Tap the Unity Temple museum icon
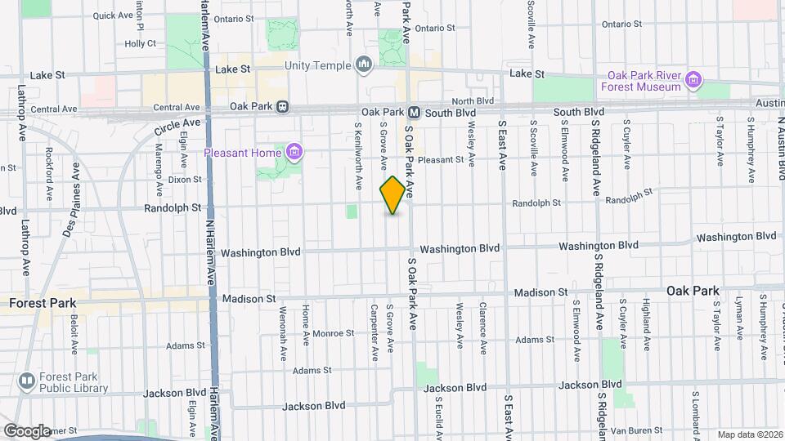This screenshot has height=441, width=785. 365,65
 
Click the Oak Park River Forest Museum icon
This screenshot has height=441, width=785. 693,80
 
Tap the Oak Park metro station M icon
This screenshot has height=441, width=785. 414,112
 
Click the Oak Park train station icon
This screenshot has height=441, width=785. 282,106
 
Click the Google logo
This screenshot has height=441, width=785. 27,430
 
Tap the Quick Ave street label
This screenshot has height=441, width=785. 114,16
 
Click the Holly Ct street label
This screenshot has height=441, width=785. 140,43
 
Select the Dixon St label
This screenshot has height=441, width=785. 185,180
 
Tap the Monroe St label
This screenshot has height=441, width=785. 332,333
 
